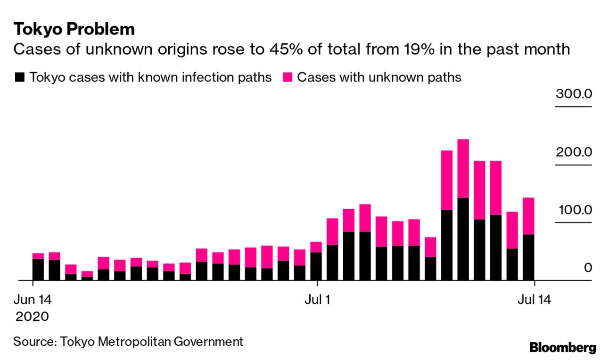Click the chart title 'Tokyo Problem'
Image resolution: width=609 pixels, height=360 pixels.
(74, 29)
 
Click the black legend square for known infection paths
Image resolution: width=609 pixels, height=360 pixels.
(19, 77)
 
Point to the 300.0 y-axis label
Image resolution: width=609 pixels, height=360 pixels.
(573, 94)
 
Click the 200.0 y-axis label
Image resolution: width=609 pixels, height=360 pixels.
(573, 152)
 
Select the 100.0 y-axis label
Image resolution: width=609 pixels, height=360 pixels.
(573, 210)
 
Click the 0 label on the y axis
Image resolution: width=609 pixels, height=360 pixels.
(587, 268)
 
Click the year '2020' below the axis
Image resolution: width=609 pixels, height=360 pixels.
(32, 316)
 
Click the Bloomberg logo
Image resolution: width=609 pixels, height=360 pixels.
(562, 348)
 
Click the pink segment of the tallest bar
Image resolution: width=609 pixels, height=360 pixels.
(463, 168)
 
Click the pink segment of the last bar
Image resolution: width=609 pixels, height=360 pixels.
(528, 216)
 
